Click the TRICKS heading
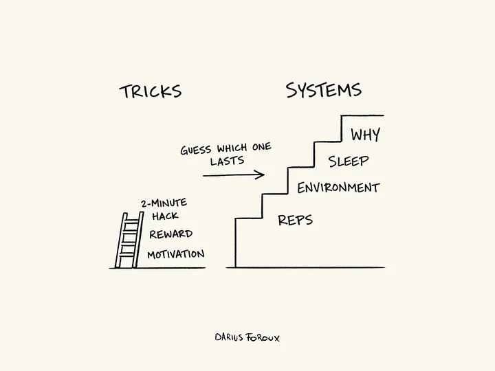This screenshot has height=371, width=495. (151, 91)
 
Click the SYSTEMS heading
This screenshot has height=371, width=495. (324, 90)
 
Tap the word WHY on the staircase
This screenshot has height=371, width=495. (365, 135)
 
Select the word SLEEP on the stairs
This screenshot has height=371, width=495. (348, 161)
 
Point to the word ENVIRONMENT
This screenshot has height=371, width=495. (338, 188)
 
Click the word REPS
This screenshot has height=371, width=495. (295, 220)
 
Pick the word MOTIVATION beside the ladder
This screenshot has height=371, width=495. (176, 254)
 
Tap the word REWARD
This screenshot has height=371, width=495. (170, 234)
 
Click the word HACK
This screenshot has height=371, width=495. (165, 216)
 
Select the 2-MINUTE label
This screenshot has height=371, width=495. (164, 203)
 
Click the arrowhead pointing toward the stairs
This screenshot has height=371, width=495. (261, 175)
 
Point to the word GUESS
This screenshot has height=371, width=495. (196, 150)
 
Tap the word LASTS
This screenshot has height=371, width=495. (228, 161)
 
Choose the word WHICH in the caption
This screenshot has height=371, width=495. (232, 148)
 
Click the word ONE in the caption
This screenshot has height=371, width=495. (261, 147)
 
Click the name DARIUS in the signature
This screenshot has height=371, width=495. (229, 337)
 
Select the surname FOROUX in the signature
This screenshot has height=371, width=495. (263, 338)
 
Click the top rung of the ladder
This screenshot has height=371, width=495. (132, 221)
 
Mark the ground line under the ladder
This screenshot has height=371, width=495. (157, 268)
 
